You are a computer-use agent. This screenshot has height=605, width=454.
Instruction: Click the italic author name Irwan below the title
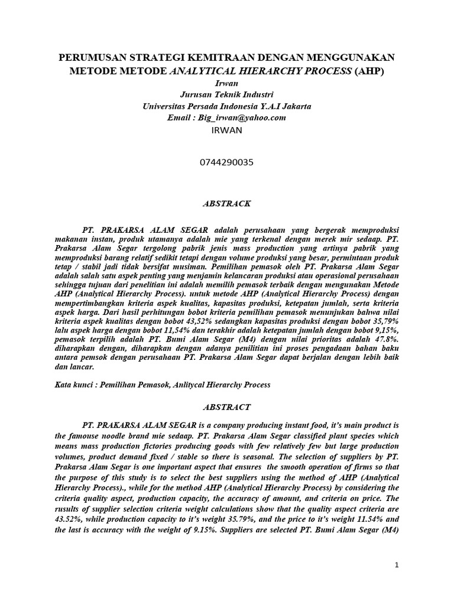[x=227, y=84]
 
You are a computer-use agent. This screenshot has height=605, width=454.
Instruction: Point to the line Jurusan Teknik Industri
[x=227, y=95]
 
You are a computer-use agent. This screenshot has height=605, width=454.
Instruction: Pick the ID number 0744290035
[x=227, y=162]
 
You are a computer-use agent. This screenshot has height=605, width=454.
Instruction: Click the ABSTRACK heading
[x=227, y=204]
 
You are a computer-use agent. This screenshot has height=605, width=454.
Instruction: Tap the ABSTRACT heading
[x=227, y=407]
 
